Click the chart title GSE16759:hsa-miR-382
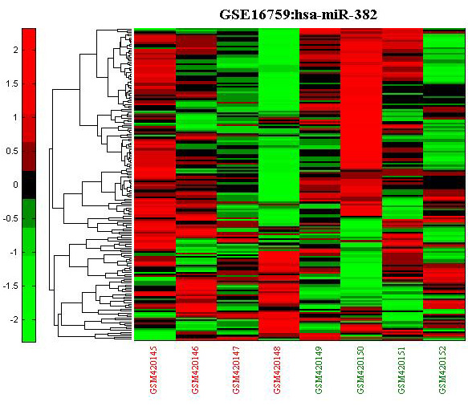point(298,14)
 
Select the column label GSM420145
point(154,370)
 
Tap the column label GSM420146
point(195,370)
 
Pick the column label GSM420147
point(236,370)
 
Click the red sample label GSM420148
point(278,370)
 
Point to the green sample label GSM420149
point(319,370)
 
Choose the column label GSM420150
point(360,370)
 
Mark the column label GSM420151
point(401,370)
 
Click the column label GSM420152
point(442,370)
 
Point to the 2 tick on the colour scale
point(15,50)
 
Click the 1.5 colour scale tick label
point(12,83)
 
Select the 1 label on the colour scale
point(15,117)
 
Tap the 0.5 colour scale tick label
point(12,151)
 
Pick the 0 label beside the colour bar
point(15,185)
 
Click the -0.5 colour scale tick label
point(10,218)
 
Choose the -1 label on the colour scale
point(13,252)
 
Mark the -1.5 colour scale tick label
point(10,286)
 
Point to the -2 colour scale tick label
point(13,319)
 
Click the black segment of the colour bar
point(29,185)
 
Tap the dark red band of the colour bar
point(29,156)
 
